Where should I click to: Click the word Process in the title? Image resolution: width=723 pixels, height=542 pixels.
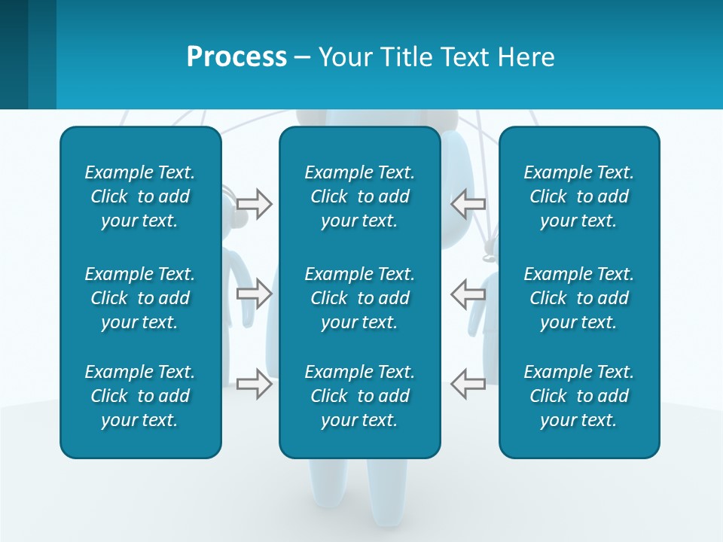tap(236, 57)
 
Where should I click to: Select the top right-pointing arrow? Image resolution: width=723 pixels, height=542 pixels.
tap(255, 204)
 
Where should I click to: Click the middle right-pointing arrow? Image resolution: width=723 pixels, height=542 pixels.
tap(255, 293)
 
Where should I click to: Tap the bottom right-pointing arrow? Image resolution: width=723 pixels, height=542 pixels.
tap(255, 384)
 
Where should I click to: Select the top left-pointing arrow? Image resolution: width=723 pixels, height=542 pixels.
tap(468, 204)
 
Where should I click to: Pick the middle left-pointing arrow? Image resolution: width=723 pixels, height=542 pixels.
tap(468, 293)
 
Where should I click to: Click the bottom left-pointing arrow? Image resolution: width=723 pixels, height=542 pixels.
tap(468, 384)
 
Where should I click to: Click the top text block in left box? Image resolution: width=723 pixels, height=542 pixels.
tap(140, 196)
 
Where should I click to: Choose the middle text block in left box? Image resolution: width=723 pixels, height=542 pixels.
tap(140, 298)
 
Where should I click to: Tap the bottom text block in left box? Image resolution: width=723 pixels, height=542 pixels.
tap(140, 396)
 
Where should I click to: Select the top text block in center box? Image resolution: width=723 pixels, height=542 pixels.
tap(359, 196)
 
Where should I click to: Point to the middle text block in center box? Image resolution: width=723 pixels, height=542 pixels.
tap(359, 298)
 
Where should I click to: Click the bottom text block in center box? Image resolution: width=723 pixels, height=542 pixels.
tap(359, 396)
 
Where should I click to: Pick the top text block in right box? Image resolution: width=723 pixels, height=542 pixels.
tap(578, 196)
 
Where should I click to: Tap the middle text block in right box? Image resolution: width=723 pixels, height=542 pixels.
tap(578, 298)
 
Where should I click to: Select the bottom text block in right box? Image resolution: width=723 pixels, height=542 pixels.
tap(578, 396)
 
